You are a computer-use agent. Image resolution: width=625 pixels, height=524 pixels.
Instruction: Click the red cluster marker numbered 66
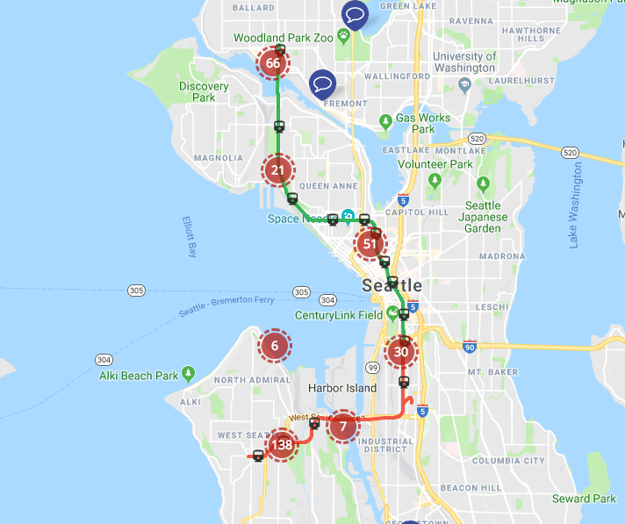pyautogui.click(x=273, y=63)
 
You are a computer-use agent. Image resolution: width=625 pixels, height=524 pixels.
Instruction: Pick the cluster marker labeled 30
pyautogui.click(x=402, y=353)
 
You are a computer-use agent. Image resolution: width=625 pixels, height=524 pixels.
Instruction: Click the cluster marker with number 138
pyautogui.click(x=282, y=445)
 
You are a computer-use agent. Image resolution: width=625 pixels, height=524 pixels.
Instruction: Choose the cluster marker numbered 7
pyautogui.click(x=343, y=427)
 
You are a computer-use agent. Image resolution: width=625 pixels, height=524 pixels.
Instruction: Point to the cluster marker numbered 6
pyautogui.click(x=275, y=346)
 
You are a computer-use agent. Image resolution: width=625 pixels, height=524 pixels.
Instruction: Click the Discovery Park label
pyautogui.click(x=204, y=92)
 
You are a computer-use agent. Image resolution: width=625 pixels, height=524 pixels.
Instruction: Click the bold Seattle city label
pyautogui.click(x=392, y=286)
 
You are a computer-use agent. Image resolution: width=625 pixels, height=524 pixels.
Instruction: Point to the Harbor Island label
pyautogui.click(x=342, y=388)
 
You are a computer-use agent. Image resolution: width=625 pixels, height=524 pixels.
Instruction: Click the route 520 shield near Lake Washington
pyautogui.click(x=571, y=152)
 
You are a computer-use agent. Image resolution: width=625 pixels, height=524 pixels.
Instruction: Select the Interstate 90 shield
pyautogui.click(x=470, y=348)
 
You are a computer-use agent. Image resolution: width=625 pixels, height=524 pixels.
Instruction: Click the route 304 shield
pyautogui.click(x=104, y=360)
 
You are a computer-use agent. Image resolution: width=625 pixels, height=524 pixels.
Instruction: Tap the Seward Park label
pyautogui.click(x=584, y=499)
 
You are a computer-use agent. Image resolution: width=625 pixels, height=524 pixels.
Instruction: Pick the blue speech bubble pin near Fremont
pyautogui.click(x=323, y=83)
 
